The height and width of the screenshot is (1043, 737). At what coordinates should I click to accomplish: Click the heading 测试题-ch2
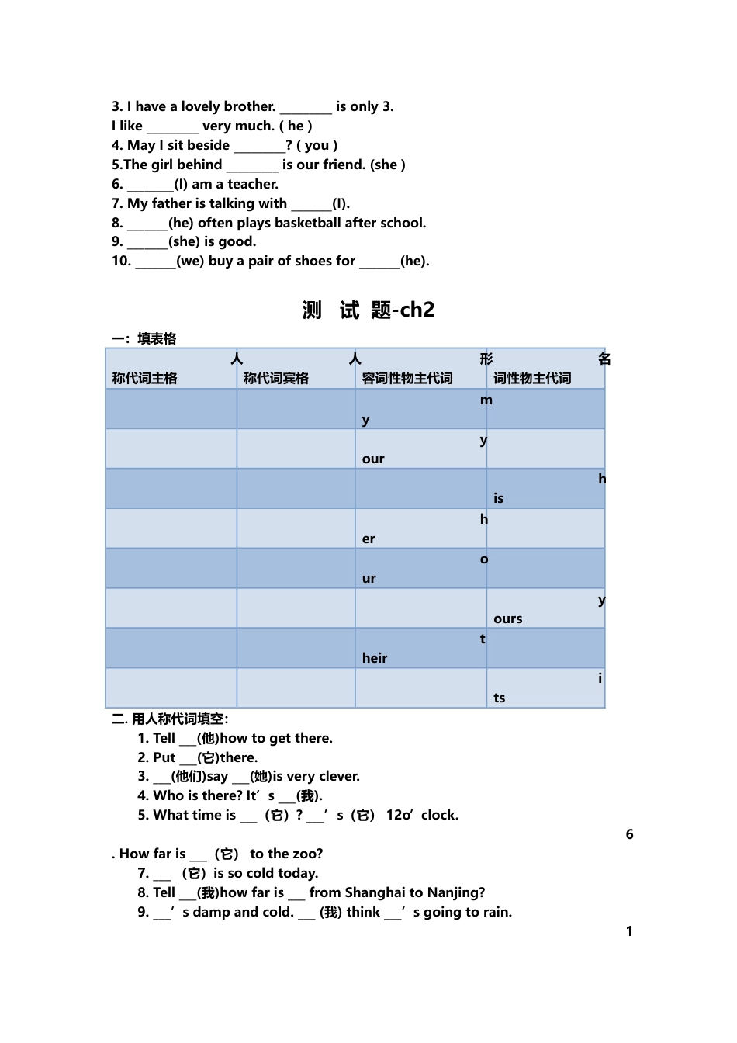pyautogui.click(x=368, y=310)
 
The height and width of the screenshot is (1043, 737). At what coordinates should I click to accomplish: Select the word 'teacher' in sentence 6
pyautogui.click(x=252, y=184)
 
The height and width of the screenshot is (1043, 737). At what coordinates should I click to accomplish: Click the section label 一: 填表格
pyautogui.click(x=144, y=338)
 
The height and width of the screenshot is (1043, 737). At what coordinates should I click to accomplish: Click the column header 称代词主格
pyautogui.click(x=145, y=378)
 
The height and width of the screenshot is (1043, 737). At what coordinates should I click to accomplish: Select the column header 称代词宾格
pyautogui.click(x=276, y=378)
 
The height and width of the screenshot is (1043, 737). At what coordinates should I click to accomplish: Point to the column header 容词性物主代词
pyautogui.click(x=407, y=378)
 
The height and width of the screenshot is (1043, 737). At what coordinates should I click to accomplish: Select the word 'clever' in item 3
pyautogui.click(x=336, y=776)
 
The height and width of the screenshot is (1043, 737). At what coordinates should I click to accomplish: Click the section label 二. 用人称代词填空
pyautogui.click(x=170, y=719)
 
